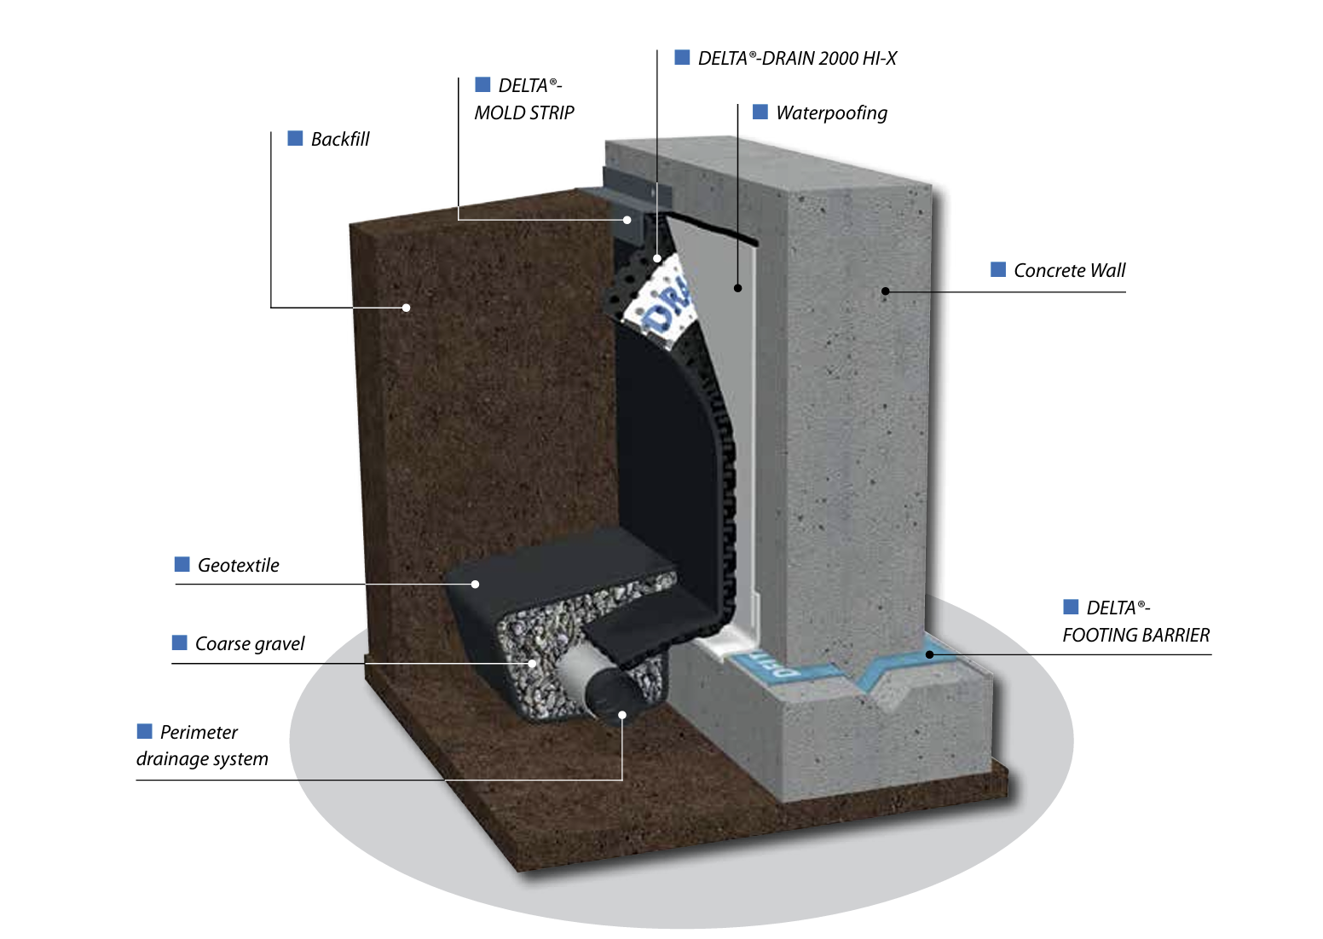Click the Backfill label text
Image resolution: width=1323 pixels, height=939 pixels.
point(340,140)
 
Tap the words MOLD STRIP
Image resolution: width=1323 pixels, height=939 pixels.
point(524,113)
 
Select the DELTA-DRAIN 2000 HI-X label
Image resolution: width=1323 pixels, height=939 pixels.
point(797,59)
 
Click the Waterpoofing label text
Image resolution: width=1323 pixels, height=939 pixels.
point(831,113)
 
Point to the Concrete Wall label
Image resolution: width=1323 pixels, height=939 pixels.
point(1069,271)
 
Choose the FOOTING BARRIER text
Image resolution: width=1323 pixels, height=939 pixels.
point(1135,636)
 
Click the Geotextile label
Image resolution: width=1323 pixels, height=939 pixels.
point(238,566)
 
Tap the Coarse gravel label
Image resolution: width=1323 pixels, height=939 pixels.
point(250,644)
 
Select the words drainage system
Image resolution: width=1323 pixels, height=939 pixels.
point(202,759)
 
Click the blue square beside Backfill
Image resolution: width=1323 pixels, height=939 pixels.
point(296,138)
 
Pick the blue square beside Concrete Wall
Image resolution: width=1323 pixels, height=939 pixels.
point(998,270)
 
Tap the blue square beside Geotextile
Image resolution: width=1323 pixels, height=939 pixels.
point(182,564)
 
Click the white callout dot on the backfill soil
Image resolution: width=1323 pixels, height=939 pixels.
point(407,308)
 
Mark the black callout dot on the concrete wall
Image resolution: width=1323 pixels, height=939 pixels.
point(886,291)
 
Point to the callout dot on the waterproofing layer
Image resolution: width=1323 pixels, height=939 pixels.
point(738,288)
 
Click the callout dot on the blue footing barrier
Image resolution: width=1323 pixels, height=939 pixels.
point(930,654)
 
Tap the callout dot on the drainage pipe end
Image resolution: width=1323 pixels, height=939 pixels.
point(622,715)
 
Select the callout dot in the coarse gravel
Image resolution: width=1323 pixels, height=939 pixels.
point(532,663)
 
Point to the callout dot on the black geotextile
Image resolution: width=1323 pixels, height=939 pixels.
point(476,584)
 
